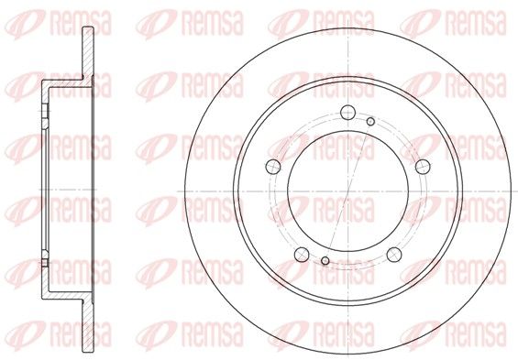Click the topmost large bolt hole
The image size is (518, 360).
pyautogui.click(x=347, y=112)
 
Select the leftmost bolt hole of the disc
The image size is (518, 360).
pyautogui.click(x=273, y=167)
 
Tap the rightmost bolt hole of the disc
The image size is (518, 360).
pyautogui.click(x=423, y=167)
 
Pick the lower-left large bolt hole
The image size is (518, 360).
pyautogui.click(x=302, y=255)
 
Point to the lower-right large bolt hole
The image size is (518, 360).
pyautogui.click(x=394, y=255)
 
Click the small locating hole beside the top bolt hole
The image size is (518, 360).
pyautogui.click(x=370, y=122)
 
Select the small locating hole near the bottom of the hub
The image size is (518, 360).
pyautogui.click(x=325, y=261)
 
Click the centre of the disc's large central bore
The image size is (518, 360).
pyautogui.click(x=347, y=191)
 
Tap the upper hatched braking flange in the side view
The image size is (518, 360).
pyautogui.click(x=88, y=53)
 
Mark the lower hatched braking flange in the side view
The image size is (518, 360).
pyautogui.click(x=88, y=327)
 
